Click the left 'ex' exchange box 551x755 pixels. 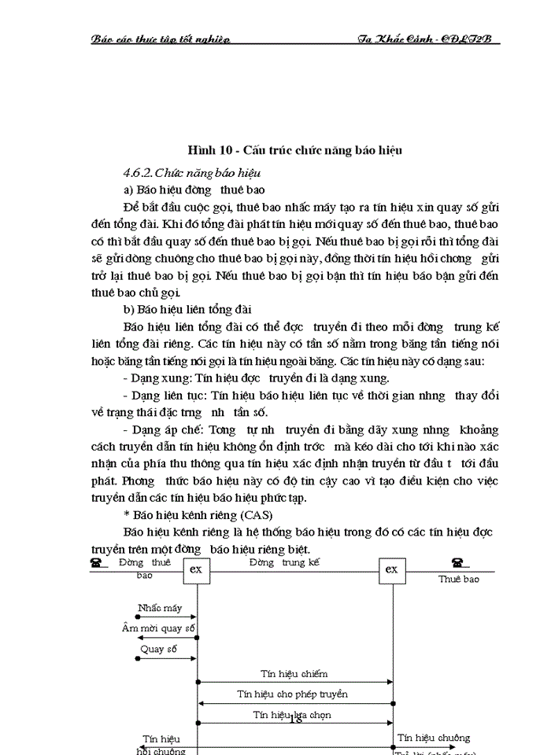(197, 570)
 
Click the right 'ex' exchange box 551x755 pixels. (392, 570)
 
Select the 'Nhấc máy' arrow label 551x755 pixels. (159, 608)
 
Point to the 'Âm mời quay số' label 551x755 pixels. (158, 628)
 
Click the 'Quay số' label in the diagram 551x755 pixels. (158, 650)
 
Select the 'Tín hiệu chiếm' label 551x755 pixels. (294, 673)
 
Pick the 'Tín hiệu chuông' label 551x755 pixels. (433, 738)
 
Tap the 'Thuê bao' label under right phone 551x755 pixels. (458, 579)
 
